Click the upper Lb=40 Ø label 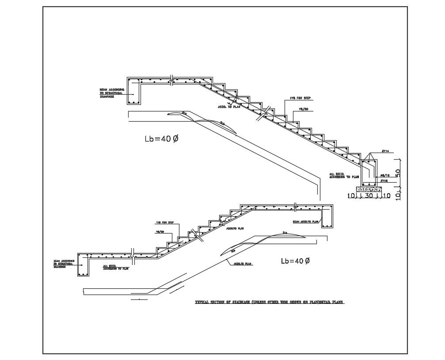(x=161, y=139)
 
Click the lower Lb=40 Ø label (x=295, y=261)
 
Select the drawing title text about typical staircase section (x=270, y=303)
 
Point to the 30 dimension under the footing (x=369, y=195)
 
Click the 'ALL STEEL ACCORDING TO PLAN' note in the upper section (x=338, y=175)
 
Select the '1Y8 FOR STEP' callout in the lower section (x=164, y=222)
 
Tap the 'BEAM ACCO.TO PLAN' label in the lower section (x=305, y=221)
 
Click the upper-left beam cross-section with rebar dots (x=133, y=92)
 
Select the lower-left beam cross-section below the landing (x=83, y=265)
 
